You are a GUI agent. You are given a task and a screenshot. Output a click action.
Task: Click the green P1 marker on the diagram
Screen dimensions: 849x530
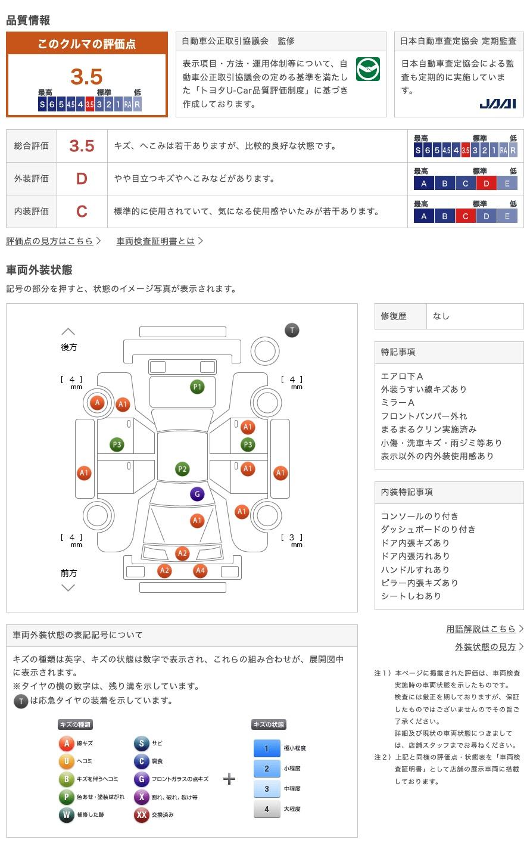197,387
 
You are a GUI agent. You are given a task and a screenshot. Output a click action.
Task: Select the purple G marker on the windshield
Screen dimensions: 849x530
197,494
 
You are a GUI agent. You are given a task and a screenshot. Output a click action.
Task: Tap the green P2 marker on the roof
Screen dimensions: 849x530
182,469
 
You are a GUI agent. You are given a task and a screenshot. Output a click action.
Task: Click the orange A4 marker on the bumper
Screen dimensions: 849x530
200,570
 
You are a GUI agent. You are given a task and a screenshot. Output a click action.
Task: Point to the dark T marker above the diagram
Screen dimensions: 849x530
292,330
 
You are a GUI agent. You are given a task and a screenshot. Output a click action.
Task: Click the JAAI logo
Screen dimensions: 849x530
497,104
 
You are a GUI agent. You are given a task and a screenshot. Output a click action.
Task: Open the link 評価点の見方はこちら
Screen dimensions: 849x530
50,241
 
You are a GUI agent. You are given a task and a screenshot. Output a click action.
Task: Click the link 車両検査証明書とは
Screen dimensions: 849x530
156,241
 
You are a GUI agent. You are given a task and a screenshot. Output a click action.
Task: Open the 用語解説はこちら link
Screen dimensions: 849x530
481,629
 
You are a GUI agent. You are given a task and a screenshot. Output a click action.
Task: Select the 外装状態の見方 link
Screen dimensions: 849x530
485,646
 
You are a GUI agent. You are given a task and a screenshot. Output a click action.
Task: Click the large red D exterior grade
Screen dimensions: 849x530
82,179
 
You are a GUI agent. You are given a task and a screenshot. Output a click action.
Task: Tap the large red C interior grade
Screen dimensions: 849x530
82,212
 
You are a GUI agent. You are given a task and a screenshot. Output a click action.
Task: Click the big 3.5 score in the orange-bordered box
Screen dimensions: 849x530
86,77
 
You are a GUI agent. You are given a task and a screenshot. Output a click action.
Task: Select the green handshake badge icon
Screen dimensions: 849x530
368,69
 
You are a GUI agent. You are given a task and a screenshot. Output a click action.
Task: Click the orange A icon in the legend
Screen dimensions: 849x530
67,743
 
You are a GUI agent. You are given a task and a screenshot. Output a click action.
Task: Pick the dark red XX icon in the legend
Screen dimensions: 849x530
141,814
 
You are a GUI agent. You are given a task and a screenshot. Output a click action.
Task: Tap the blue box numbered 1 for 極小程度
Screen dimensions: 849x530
266,748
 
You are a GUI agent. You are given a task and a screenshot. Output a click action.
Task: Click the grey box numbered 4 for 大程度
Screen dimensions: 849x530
266,809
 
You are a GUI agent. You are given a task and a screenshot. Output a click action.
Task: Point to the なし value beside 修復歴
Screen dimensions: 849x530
441,316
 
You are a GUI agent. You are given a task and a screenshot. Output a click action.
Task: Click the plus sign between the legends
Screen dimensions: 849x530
229,779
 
